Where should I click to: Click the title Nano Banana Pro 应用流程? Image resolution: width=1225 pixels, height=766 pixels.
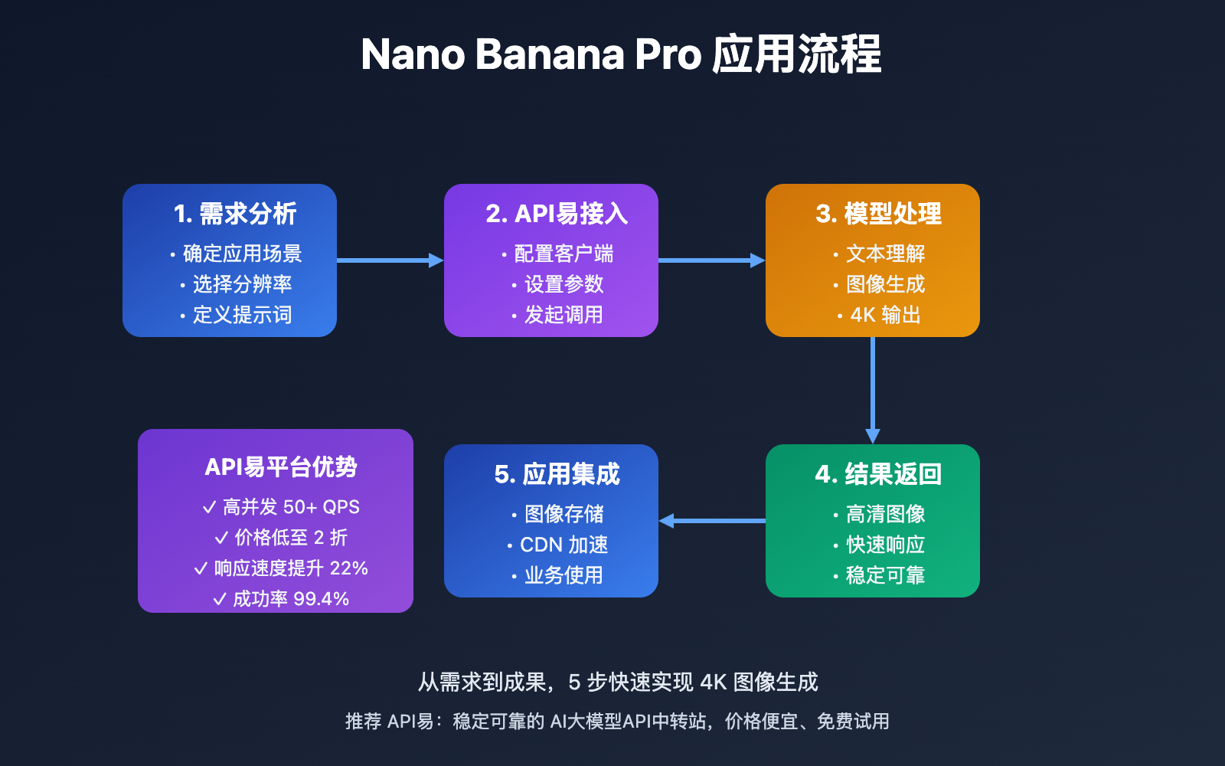(621, 55)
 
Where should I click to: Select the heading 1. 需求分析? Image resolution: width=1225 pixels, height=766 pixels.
(235, 214)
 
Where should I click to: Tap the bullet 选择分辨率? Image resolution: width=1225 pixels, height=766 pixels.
(242, 284)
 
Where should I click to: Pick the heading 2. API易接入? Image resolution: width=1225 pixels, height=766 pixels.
(557, 214)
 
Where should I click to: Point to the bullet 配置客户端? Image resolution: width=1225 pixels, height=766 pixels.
(563, 254)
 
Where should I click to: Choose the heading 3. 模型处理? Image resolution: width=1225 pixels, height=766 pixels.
(878, 214)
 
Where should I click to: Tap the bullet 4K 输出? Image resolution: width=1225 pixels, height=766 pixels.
(885, 315)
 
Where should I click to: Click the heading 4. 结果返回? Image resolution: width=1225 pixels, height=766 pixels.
(878, 475)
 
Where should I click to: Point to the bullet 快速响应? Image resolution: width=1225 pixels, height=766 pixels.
(885, 545)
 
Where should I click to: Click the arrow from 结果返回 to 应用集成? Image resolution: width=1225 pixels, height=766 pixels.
(712, 521)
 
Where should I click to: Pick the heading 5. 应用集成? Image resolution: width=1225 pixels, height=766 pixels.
(557, 475)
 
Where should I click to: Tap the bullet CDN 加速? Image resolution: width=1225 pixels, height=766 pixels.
(563, 545)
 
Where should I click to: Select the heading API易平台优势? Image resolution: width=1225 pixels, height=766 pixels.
(281, 467)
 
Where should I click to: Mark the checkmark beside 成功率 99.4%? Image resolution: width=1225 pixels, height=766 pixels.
(220, 599)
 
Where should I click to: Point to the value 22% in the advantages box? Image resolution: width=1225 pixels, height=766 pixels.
(348, 568)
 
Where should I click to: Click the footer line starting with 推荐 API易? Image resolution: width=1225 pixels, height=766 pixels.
(617, 722)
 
